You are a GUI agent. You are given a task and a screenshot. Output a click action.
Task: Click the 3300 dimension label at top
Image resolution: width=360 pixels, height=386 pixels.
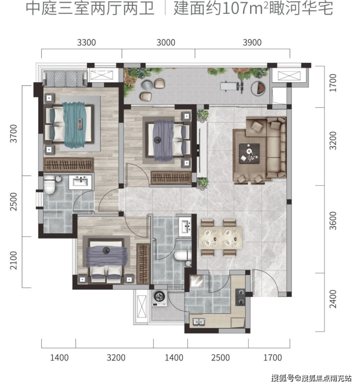coord(87,42)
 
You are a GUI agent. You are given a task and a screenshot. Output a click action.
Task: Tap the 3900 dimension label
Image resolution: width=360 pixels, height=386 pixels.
coord(252,42)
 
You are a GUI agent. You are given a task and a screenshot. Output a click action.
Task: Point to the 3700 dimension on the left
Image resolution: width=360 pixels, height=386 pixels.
coord(14,134)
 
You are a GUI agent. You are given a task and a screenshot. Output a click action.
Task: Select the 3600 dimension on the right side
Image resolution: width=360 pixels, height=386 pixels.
coord(333,221)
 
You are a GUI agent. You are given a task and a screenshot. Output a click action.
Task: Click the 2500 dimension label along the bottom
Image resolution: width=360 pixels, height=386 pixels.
coord(220,357)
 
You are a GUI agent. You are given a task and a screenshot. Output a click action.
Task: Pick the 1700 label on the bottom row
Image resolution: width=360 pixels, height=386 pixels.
coord(272,357)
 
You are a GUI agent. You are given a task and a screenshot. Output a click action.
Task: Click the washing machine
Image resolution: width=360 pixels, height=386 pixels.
coord(159,298)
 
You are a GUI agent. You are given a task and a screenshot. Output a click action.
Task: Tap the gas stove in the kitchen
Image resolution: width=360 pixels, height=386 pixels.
coord(240,297)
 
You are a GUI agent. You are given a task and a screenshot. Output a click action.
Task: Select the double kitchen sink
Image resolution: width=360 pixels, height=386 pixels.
coord(199,322)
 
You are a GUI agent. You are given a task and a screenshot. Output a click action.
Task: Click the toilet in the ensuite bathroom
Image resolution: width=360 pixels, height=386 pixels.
coord(50,184)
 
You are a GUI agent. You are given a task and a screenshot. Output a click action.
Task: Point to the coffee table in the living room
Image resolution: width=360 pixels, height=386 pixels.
coord(249,153)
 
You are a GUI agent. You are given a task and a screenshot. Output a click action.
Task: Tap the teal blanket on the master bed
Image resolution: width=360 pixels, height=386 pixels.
coord(74,125)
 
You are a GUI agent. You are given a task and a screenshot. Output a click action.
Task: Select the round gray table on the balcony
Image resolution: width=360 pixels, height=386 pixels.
coord(147,85)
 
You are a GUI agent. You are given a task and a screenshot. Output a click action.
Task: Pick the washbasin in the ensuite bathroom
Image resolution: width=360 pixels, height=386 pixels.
coord(80,182)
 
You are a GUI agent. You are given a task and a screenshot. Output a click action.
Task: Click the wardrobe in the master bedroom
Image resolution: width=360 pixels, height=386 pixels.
coord(69,165)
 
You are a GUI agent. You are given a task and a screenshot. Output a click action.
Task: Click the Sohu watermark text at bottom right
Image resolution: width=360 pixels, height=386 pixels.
coord(311,378)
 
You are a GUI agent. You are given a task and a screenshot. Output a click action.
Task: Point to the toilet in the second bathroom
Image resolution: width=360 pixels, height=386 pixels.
coord(182,256)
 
